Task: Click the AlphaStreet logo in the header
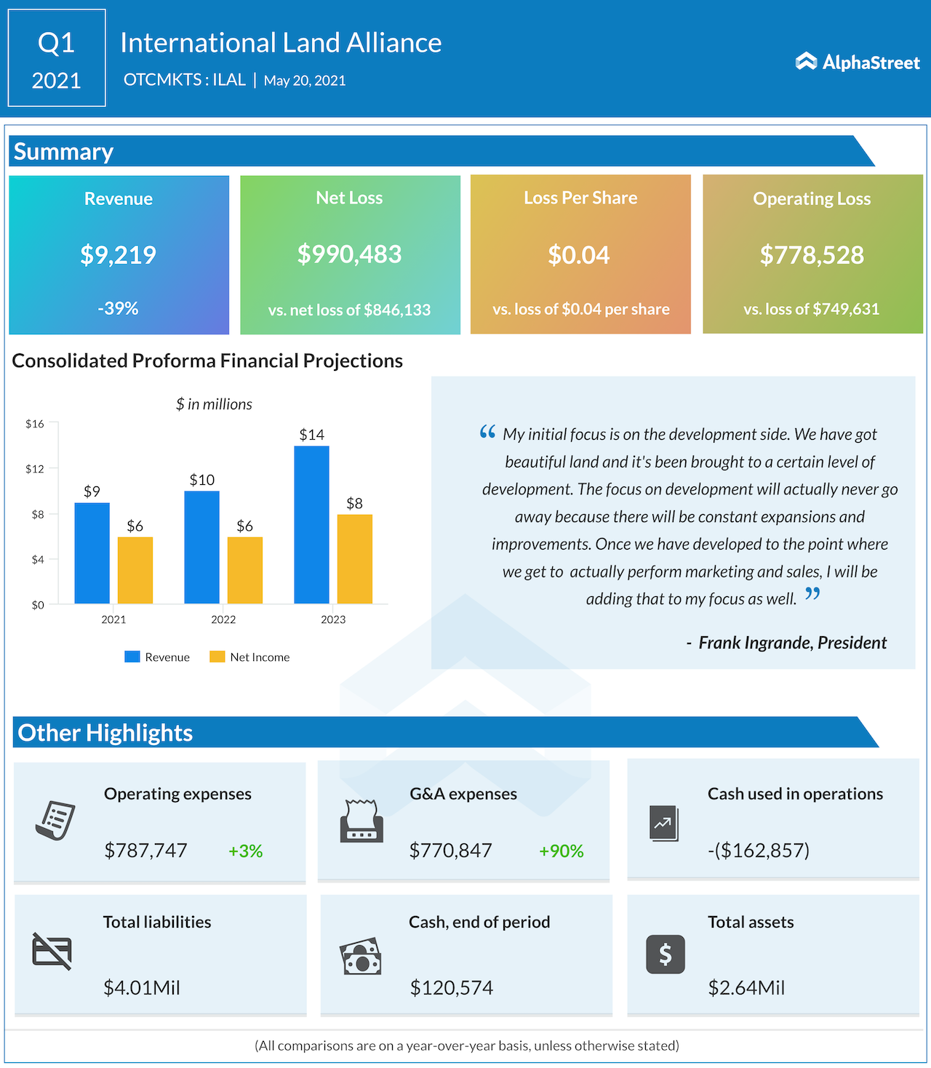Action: (858, 63)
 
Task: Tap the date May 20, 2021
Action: (305, 81)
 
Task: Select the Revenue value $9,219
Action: (118, 254)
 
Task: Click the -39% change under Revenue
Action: (118, 308)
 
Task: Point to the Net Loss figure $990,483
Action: (349, 254)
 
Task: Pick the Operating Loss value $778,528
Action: (812, 255)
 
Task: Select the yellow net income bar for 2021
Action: (135, 570)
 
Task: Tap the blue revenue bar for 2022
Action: (201, 547)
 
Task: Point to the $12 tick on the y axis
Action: (35, 469)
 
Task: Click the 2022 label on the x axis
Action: (223, 619)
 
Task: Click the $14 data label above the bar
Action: (311, 435)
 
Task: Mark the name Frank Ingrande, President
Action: (792, 643)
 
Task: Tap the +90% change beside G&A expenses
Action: (561, 851)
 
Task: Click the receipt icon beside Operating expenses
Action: (55, 821)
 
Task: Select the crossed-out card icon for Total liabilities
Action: (52, 951)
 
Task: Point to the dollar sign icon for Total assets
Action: (665, 954)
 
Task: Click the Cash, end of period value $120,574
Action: (451, 987)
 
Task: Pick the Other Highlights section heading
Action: (105, 733)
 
